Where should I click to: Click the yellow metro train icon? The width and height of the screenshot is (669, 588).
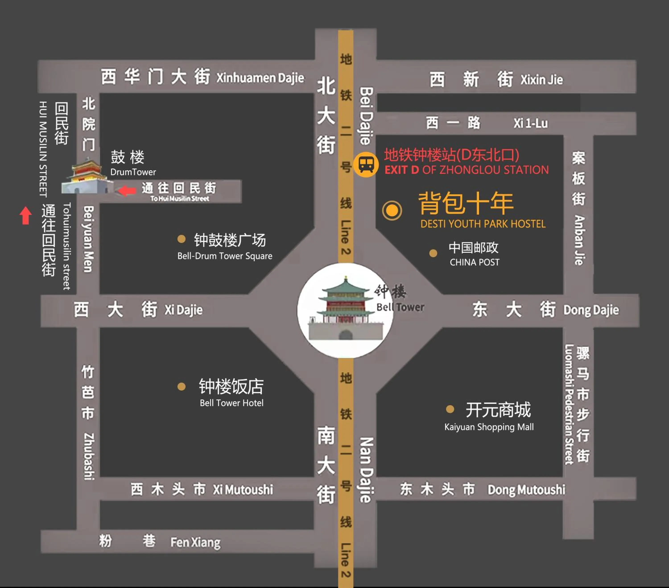(366, 164)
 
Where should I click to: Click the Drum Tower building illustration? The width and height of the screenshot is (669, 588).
(87, 177)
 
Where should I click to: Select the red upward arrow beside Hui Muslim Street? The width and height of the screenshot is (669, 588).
(25, 216)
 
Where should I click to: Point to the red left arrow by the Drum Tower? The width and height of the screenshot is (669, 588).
(127, 190)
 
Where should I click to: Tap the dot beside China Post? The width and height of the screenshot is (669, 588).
(433, 253)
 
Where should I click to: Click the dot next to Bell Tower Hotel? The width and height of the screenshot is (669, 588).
(181, 387)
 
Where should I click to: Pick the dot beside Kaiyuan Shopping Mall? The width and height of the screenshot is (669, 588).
(450, 409)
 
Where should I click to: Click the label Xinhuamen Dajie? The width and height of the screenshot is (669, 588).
(260, 78)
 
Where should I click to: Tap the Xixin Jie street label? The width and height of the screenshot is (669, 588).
(542, 80)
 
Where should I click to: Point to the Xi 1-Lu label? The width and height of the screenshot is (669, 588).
(530, 123)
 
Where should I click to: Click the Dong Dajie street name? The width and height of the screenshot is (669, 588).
(591, 310)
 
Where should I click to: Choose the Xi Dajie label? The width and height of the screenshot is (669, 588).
(183, 310)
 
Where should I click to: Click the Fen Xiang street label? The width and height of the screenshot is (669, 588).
(195, 542)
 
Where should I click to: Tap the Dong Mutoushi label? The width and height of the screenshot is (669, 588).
(526, 489)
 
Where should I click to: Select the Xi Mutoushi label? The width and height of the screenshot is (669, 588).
(243, 489)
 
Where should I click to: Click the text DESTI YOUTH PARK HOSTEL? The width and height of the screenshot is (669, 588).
(483, 224)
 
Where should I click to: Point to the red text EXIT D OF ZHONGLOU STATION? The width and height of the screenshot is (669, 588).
(466, 170)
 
